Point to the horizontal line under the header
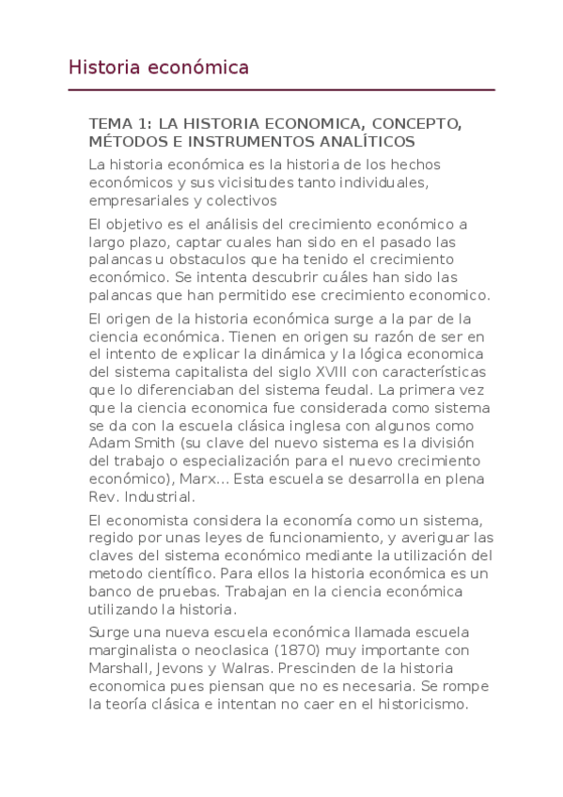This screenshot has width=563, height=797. point(282,90)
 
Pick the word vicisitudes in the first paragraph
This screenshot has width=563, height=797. point(227,182)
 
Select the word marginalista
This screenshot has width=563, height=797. point(132,650)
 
